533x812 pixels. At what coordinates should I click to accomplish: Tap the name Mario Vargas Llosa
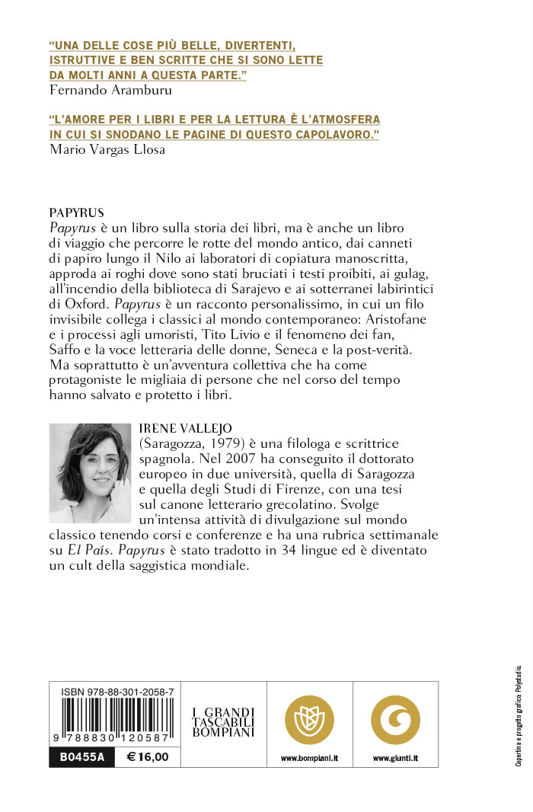pos(107,149)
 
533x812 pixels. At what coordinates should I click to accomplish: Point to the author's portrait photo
pos(90,473)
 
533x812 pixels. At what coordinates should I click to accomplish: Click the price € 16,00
pos(148,758)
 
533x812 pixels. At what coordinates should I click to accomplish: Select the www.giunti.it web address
pos(395,759)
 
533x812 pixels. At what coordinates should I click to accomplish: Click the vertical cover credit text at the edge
pos(519,716)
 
